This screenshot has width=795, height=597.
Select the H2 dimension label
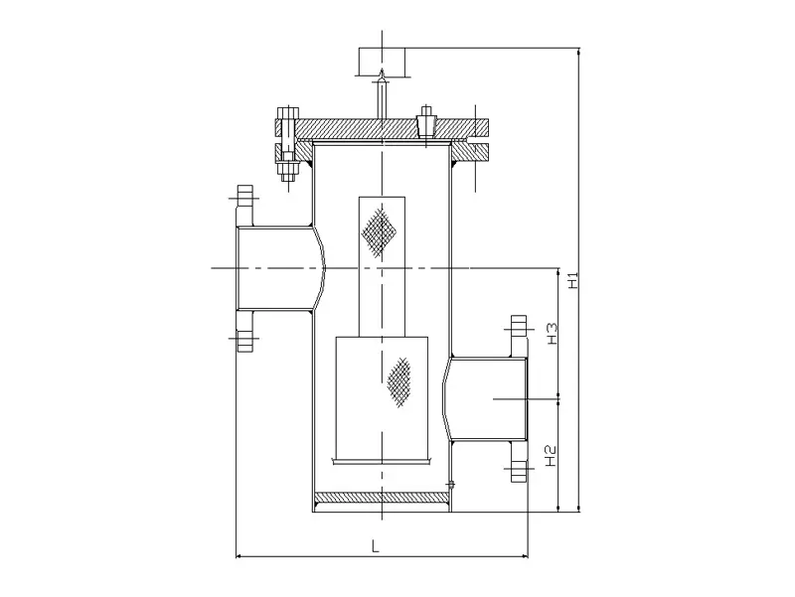tap(552, 456)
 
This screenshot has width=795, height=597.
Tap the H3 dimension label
tap(552, 334)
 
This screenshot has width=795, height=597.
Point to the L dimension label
tap(375, 545)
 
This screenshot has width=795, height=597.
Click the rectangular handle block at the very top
tap(382, 58)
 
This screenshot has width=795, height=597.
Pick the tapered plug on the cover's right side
tap(428, 122)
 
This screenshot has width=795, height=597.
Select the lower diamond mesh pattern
tap(399, 381)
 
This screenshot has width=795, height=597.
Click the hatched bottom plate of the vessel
tap(382, 498)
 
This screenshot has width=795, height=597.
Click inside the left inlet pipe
tap(273, 268)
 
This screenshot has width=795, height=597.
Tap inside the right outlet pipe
tap(487, 398)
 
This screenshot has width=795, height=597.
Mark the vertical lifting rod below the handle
tap(382, 95)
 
